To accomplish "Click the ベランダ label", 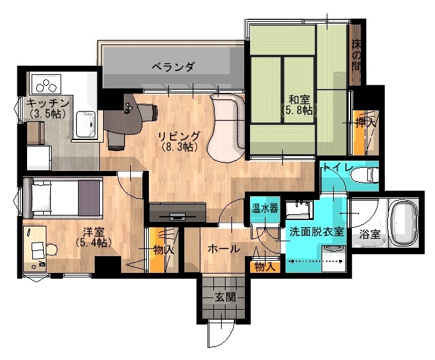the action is click(173, 66).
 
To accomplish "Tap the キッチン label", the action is click(48, 103).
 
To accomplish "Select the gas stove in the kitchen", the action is click(46, 84).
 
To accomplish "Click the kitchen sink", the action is click(86, 124).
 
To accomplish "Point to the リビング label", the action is click(179, 136).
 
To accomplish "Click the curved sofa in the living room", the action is click(227, 127).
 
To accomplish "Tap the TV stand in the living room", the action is click(178, 212).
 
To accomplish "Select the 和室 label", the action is click(299, 100).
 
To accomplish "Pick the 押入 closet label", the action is click(365, 123).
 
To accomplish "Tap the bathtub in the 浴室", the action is click(404, 222).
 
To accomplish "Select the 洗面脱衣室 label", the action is click(316, 232).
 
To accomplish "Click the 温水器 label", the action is click(265, 208).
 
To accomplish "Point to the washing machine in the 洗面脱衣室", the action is click(334, 258).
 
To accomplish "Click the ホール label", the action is click(224, 248).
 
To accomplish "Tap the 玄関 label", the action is click(226, 297).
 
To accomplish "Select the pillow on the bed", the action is click(41, 197).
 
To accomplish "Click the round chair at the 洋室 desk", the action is click(52, 249).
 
